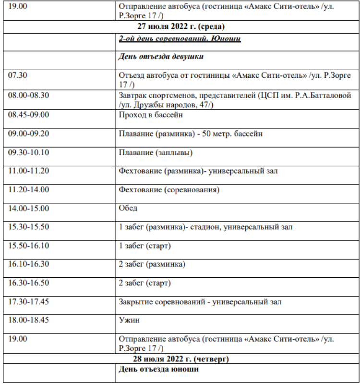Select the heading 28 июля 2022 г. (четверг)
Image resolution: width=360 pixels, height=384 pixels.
(181, 359)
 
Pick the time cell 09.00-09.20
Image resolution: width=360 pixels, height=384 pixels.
(28, 134)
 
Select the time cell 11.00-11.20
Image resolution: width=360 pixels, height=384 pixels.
(28, 171)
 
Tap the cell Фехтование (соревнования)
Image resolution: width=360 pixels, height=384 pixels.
(169, 190)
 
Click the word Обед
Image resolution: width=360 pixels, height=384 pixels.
(128, 208)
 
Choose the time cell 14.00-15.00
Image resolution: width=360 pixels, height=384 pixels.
(28, 208)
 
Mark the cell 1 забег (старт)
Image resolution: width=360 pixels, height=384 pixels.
(145, 246)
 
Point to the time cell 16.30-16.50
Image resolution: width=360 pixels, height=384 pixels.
(28, 283)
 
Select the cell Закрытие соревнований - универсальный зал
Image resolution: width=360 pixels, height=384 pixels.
(200, 302)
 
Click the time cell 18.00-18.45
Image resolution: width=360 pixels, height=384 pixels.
(28, 320)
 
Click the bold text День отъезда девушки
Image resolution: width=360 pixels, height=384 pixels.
(161, 57)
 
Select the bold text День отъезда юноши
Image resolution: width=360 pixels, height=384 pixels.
(158, 369)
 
